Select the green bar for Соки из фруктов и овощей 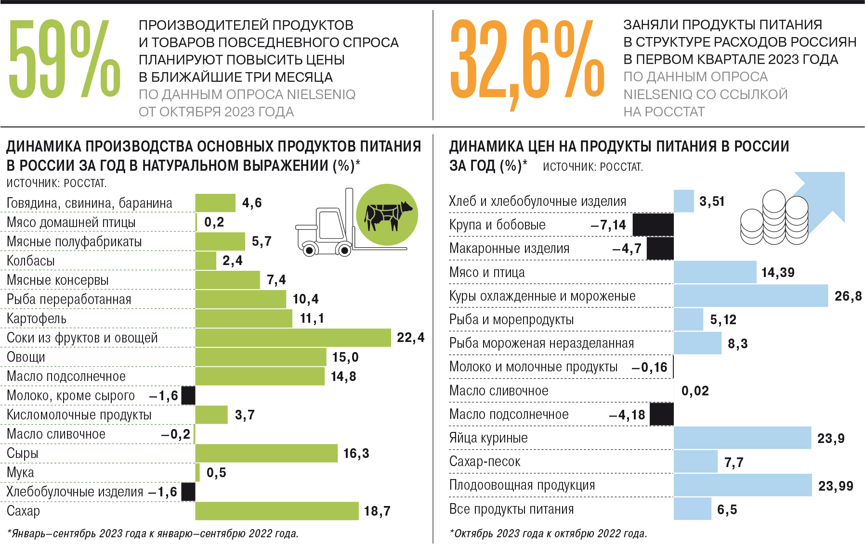(293, 338)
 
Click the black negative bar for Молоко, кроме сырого (188, 395)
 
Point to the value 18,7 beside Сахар (377, 511)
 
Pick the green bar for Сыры (266, 453)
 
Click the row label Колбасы (31, 261)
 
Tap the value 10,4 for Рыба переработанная (305, 299)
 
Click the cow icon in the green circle (387, 215)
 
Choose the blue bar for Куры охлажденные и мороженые (750, 296)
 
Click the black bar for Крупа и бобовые (653, 225)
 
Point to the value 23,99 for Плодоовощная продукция (836, 486)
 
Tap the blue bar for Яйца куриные (742, 438)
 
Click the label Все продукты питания (511, 509)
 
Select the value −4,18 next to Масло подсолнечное (627, 415)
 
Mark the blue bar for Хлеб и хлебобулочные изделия (683, 201)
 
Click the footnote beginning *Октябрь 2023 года (548, 533)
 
